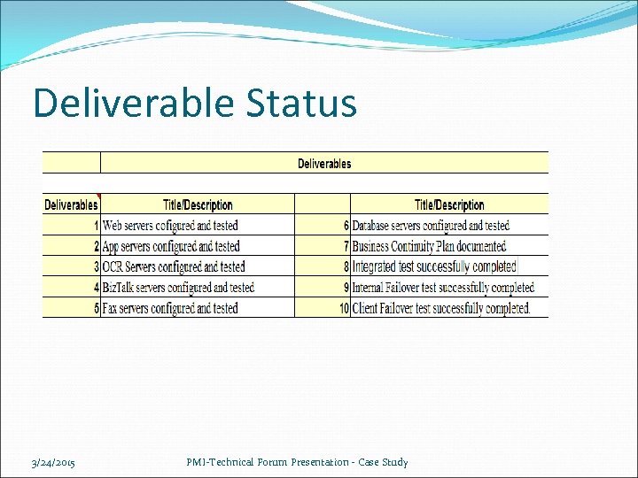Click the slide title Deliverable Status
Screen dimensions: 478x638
point(194,103)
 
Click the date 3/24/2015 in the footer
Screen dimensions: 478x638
point(53,463)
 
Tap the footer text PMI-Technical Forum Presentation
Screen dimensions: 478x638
point(298,462)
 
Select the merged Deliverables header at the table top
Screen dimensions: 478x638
point(323,163)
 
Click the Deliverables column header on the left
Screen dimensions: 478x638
point(71,204)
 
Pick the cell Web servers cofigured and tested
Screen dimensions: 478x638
point(170,226)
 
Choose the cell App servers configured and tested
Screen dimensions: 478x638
point(171,246)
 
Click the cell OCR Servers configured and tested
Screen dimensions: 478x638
point(174,266)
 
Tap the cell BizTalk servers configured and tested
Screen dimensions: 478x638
point(178,288)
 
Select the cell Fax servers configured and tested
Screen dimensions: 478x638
point(170,308)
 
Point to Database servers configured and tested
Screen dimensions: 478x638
point(431,226)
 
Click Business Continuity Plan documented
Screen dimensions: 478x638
point(429,246)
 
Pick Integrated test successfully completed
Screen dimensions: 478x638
point(434,266)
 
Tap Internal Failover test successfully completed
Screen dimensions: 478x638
point(443,288)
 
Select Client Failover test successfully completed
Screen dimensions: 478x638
point(440,308)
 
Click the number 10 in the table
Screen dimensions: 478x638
point(343,308)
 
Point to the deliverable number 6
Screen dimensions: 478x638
point(346,226)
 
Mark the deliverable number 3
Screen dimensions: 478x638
point(96,266)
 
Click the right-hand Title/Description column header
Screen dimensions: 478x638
point(449,204)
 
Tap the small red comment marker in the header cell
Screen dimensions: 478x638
point(98,196)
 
